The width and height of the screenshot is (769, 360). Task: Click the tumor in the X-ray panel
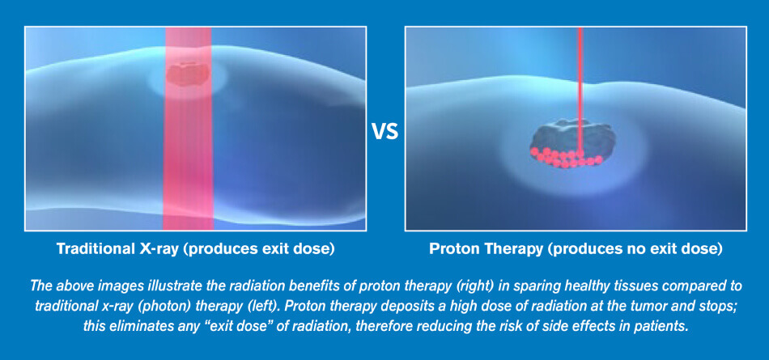coord(187,74)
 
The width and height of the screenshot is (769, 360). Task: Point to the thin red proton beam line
coord(580,89)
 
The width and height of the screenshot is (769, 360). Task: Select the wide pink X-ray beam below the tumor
coord(188,158)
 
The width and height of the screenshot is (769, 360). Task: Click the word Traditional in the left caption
coord(93,248)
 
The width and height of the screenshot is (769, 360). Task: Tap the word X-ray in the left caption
coord(156,248)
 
